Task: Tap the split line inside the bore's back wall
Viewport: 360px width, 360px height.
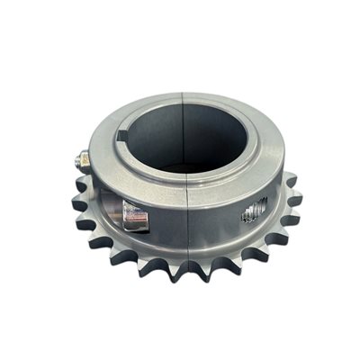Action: pos(185,126)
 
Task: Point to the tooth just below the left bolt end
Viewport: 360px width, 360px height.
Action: pos(80,184)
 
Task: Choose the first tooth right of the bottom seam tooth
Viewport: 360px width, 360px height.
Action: pos(216,271)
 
